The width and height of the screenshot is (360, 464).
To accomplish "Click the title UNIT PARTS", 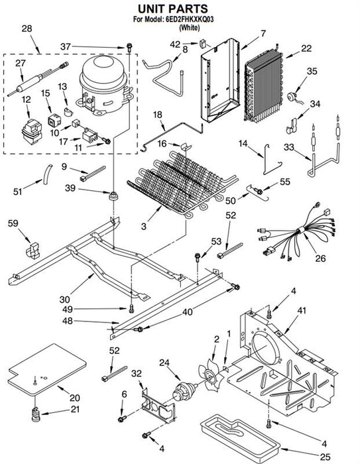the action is click(173, 9).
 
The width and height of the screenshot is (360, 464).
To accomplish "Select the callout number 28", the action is click(27, 29).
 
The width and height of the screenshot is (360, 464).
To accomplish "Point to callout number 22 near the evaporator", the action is click(306, 48).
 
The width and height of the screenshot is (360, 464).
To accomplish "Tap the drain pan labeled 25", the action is click(241, 435).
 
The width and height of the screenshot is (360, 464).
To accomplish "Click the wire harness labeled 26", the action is click(296, 234).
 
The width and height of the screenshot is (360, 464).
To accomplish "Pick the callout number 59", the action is click(13, 223).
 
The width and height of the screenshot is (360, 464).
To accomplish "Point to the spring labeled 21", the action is click(35, 414).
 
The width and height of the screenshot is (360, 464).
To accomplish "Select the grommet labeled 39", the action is click(113, 196).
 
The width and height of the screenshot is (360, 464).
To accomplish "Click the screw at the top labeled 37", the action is click(129, 47).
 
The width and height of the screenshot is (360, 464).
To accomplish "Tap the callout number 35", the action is click(312, 71).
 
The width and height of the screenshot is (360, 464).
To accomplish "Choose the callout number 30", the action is click(64, 300).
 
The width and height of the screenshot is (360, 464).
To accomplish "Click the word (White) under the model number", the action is click(190, 28).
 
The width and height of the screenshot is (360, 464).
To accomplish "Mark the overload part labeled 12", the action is click(32, 132).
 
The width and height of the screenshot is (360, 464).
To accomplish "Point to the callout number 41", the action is click(302, 310).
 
